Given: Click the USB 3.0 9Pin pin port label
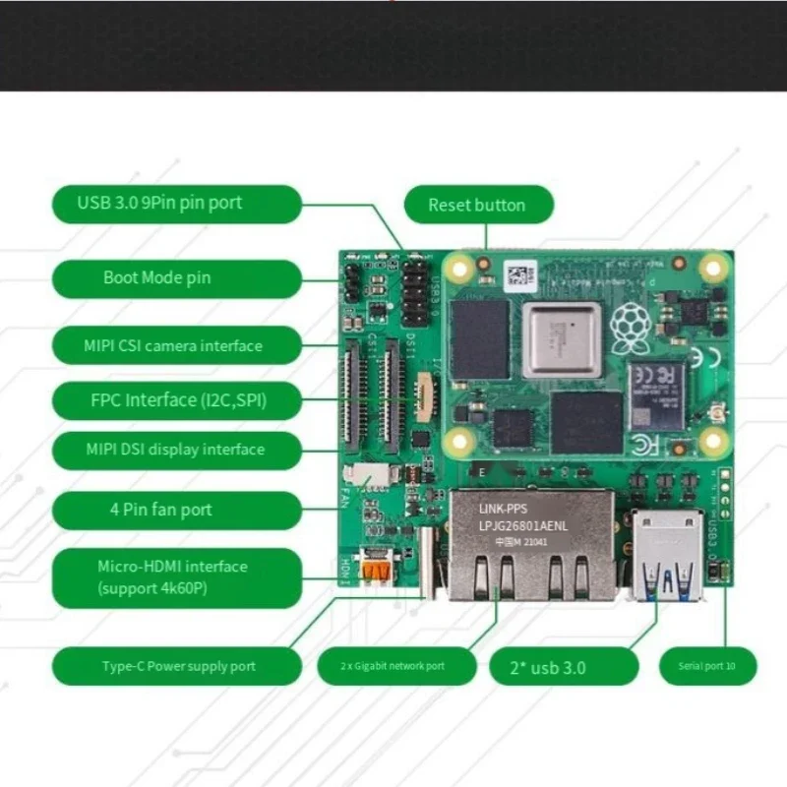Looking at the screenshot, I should tap(175, 204).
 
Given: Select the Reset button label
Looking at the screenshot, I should tap(478, 205).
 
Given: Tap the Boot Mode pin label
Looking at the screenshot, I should tap(175, 278).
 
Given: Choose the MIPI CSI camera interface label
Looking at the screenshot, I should tap(175, 345).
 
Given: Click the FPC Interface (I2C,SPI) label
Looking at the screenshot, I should tap(175, 399).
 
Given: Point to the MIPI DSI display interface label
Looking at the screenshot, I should tap(175, 450).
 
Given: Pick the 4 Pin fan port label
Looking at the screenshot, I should tap(175, 510).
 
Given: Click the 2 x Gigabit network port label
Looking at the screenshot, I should tap(393, 666).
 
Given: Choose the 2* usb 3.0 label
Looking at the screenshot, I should tap(551, 667).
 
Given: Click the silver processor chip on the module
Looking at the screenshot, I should tap(562, 338).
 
